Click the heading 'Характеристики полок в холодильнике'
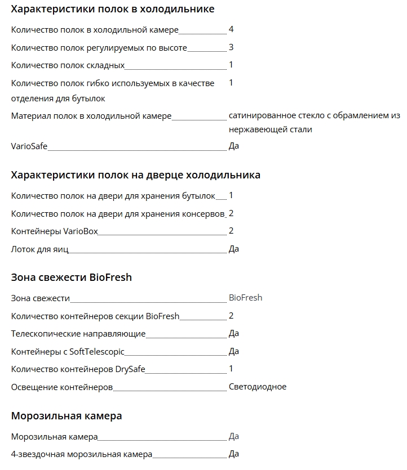point(113,9)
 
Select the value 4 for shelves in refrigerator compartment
point(231,29)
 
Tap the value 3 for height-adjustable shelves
point(231,47)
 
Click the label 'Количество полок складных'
point(68,65)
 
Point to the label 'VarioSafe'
point(29,146)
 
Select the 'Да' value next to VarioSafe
point(234,146)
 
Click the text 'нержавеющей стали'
point(270,129)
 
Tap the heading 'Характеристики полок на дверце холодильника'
point(135,174)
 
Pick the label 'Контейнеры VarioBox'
point(54,231)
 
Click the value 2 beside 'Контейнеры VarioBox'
point(231,231)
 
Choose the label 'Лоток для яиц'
point(39,249)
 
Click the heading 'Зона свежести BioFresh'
point(72,277)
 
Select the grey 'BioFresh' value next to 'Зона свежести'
point(245,297)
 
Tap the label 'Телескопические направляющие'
point(78,334)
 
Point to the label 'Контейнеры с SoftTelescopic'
point(68,352)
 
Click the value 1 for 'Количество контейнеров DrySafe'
point(231,369)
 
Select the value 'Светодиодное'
point(258,387)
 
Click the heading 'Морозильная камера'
point(67,416)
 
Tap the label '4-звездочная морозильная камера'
point(82,454)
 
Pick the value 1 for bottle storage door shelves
point(231,195)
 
